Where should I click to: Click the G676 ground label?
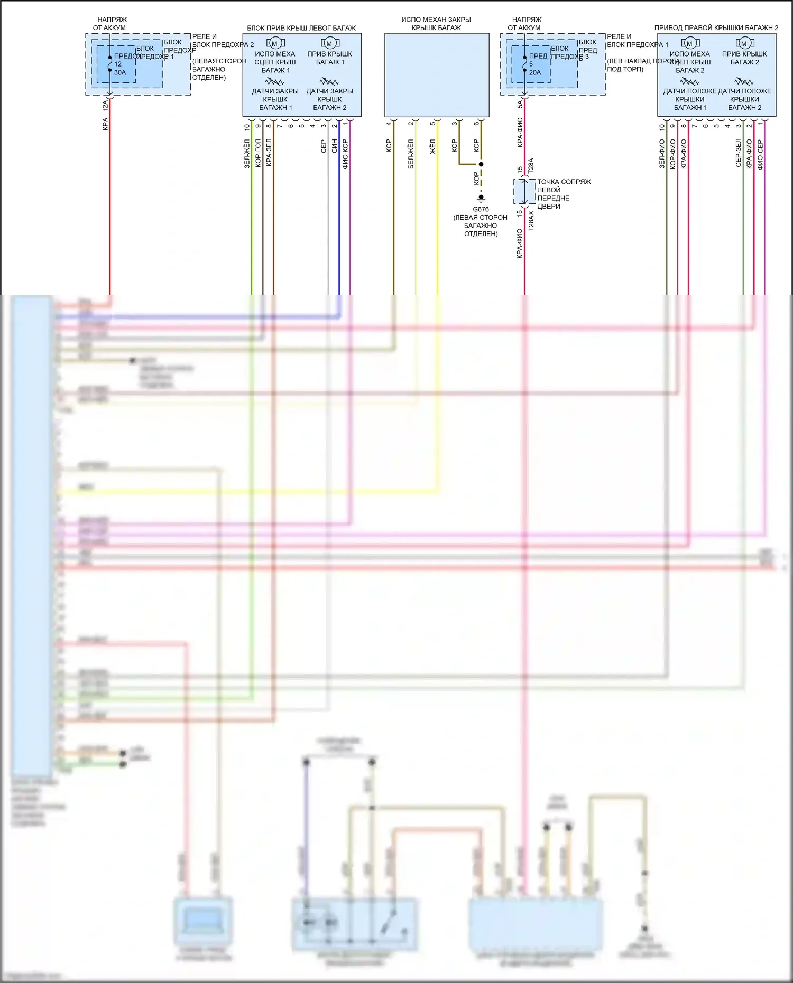pos(481,209)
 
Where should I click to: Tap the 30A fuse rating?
pos(120,72)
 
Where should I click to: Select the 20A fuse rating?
pos(535,72)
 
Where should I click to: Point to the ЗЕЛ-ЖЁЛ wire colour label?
pos(247,154)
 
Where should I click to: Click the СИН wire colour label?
pos(334,146)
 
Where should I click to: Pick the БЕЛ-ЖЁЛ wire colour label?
pos(411,154)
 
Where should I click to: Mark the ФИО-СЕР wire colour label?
pos(760,154)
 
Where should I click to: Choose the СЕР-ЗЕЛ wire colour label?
pos(738,153)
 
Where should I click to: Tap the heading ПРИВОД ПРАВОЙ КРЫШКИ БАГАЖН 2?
pos(716,27)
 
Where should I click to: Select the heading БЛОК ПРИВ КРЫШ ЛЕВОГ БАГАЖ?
pos(301,28)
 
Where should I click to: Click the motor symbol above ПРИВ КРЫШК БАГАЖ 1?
pos(329,43)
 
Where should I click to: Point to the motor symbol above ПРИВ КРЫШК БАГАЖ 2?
pos(744,43)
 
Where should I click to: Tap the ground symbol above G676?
pos(481,198)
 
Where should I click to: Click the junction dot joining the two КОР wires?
pos(481,164)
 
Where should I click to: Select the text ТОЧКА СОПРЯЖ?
pos(564,182)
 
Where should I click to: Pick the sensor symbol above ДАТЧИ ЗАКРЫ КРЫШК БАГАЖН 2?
pos(329,82)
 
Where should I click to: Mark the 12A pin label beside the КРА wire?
pos(105,106)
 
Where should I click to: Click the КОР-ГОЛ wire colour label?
pos(258,153)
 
